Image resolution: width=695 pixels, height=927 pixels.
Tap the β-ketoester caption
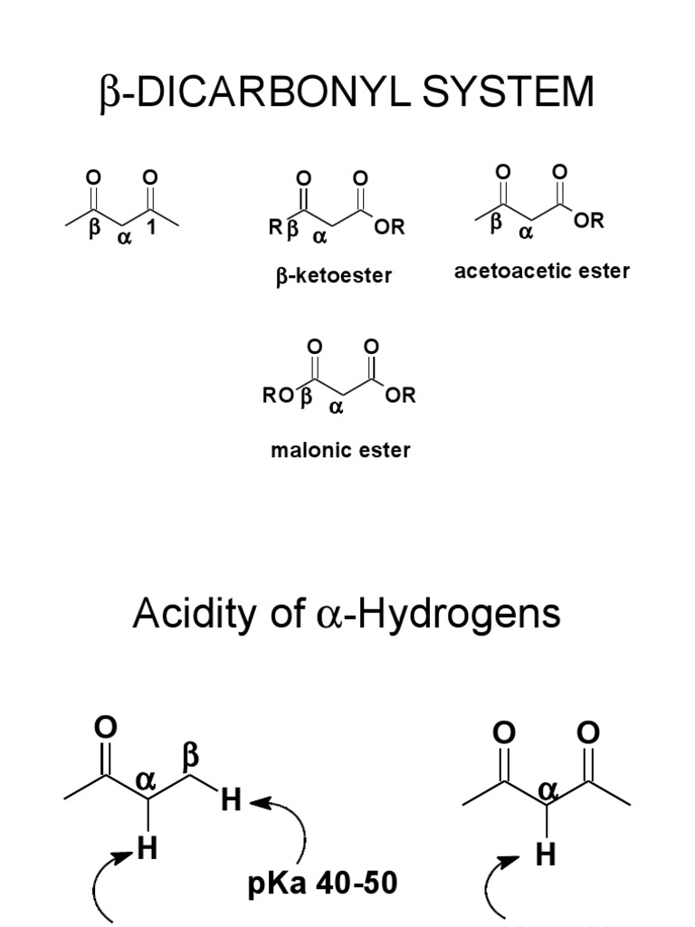(334, 275)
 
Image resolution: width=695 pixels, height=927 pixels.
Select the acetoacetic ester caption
(541, 271)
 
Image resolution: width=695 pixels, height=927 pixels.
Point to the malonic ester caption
(340, 449)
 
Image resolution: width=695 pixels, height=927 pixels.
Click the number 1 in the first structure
(151, 228)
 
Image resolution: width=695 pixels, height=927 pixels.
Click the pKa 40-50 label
(322, 884)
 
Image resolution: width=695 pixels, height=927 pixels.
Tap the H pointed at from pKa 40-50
(231, 800)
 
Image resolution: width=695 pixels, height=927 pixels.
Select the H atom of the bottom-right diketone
(545, 855)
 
